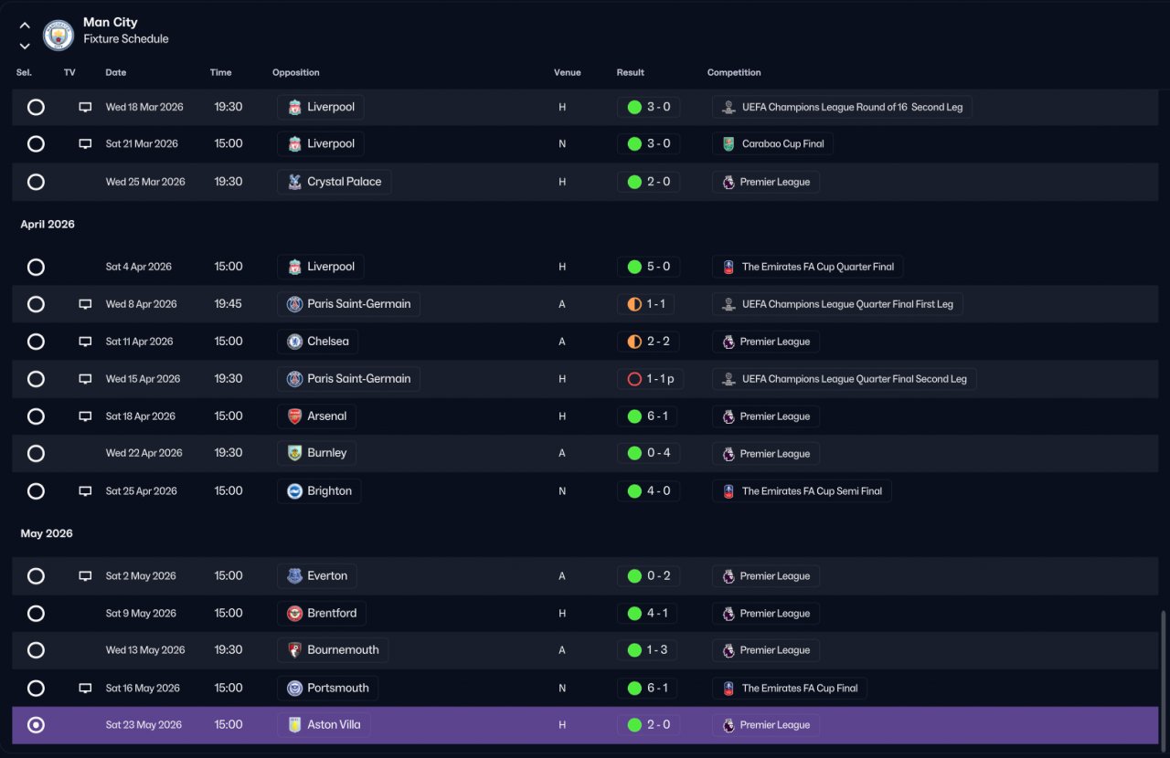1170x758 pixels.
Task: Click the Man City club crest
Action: (x=58, y=35)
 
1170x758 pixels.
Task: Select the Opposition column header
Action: (x=295, y=72)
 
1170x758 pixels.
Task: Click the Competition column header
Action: (x=734, y=72)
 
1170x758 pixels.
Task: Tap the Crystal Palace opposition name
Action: (x=345, y=182)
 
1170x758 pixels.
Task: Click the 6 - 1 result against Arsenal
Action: (x=657, y=416)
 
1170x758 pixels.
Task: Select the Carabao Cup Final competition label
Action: (x=783, y=143)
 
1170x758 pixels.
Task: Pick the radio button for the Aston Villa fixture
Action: (x=36, y=725)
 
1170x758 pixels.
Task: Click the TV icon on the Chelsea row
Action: (x=85, y=342)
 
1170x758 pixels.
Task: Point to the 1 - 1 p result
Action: (x=660, y=379)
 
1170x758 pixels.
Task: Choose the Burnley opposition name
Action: (x=327, y=453)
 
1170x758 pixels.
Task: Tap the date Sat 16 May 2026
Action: (x=143, y=688)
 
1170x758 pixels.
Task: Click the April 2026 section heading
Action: (x=48, y=225)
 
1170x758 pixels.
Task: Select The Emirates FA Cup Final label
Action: (x=800, y=688)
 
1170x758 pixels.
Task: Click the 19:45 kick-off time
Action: (x=229, y=304)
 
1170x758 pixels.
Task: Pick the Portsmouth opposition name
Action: (x=338, y=688)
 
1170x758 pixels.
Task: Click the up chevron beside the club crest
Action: (x=25, y=25)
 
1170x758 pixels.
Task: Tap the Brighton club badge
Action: (x=294, y=491)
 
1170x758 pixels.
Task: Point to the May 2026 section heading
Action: (x=47, y=533)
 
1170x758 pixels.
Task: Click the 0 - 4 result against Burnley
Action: (x=659, y=453)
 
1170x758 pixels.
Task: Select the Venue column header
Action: (x=568, y=72)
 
